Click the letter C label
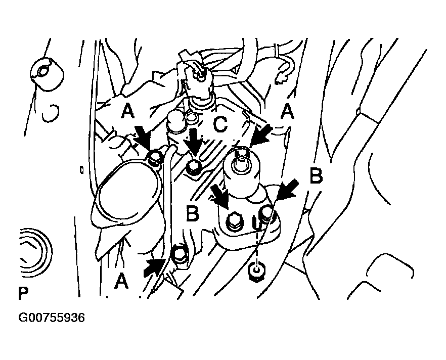point(220,124)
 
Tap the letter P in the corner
point(23,293)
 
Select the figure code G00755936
point(52,318)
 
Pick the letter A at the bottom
point(121,281)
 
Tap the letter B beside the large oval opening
point(192,213)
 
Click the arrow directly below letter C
point(193,144)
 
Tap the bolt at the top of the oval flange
point(155,156)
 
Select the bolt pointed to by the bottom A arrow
point(179,254)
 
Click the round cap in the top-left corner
point(47,74)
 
